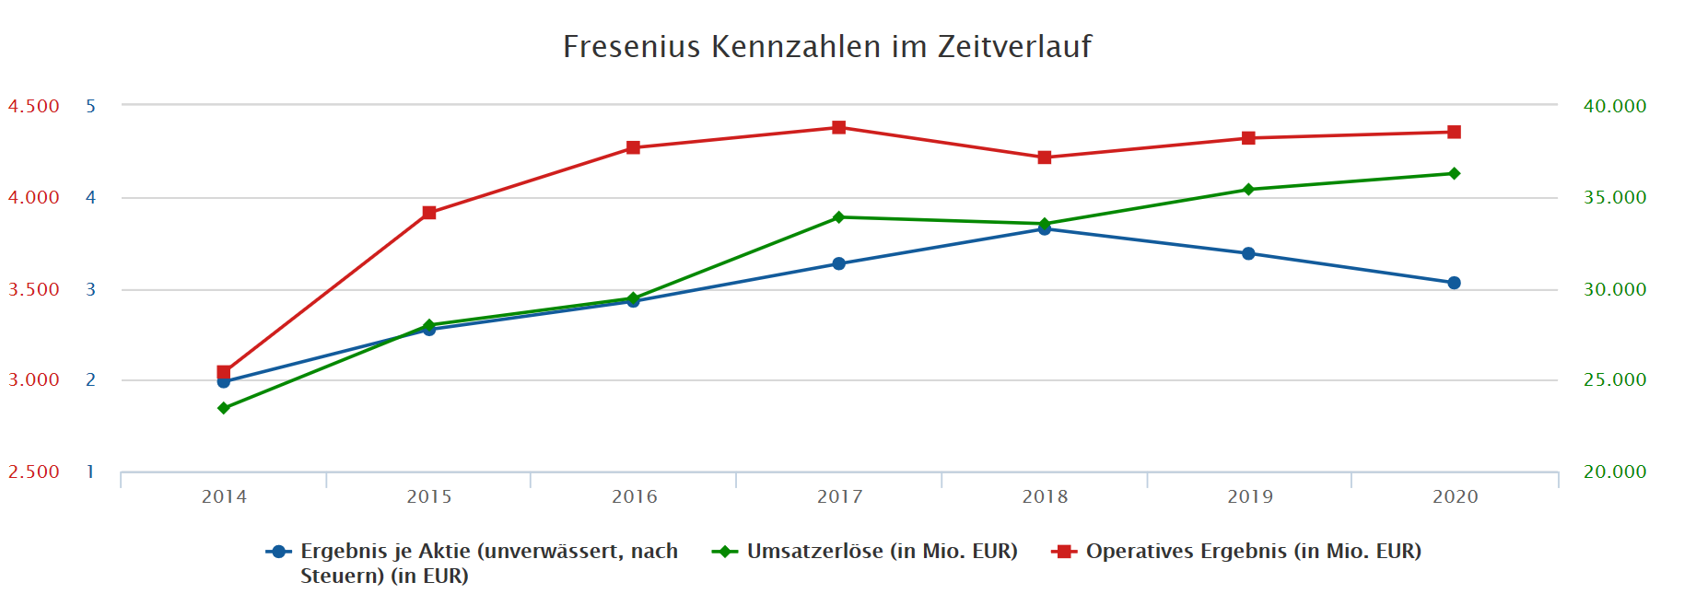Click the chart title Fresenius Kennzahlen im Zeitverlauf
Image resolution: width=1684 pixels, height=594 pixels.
pos(826,46)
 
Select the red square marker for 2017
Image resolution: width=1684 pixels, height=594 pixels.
pos(838,127)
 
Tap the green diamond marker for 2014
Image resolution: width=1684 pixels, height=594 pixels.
pos(224,408)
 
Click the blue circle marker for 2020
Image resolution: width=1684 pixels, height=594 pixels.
pos(1454,283)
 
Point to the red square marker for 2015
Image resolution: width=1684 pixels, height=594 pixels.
pos(429,213)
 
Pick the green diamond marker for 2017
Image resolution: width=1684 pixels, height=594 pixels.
pos(838,217)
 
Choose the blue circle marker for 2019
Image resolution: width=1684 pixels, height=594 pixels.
pos(1248,253)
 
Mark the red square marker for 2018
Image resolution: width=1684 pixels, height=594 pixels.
pos(1044,157)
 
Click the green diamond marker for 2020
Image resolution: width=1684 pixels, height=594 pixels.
pos(1454,173)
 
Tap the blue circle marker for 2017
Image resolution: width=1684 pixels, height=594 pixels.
pos(838,263)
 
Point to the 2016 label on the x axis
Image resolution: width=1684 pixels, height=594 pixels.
pos(634,497)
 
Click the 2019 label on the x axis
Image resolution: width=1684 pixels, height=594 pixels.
pos(1249,497)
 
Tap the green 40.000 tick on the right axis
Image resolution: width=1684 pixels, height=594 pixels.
pos(1614,106)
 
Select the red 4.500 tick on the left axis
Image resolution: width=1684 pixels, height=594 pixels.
pos(34,106)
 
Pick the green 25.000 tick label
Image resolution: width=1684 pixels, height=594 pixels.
pos(1614,379)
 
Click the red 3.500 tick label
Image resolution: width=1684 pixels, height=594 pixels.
pos(34,289)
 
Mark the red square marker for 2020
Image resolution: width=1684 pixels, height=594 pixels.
pos(1454,132)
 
